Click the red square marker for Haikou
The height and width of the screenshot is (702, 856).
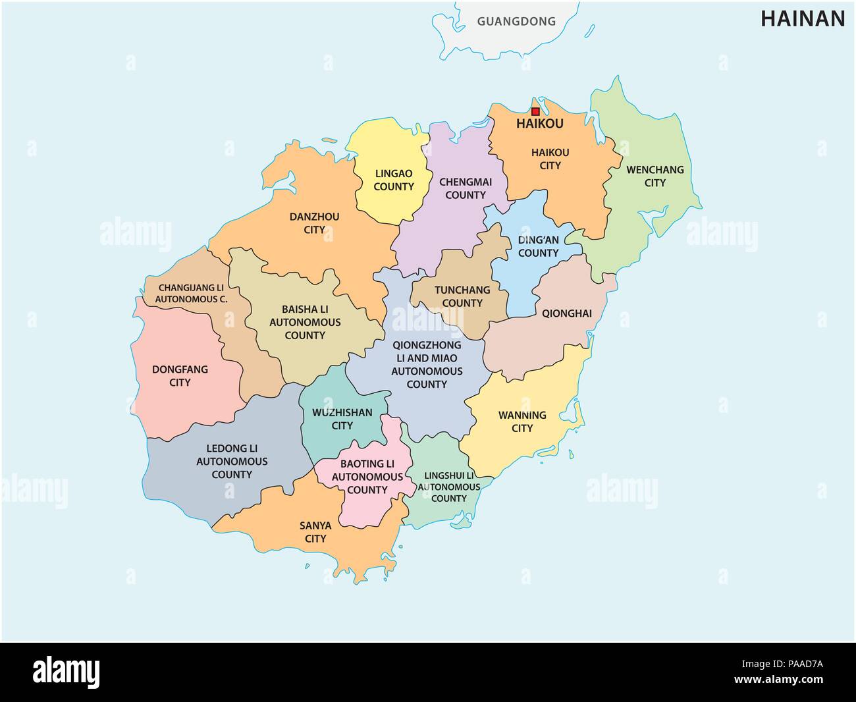[535, 112]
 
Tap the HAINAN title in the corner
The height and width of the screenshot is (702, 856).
[803, 19]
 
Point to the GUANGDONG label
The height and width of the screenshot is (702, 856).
[516, 21]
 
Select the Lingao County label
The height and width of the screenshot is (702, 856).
[394, 180]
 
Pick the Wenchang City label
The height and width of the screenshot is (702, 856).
[655, 176]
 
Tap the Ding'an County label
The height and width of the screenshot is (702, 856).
[538, 246]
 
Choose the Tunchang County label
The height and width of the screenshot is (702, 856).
[462, 296]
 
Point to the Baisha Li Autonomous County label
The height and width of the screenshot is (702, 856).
[305, 321]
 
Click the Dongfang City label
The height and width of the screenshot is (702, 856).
[180, 375]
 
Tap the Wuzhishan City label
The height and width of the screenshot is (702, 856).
[342, 419]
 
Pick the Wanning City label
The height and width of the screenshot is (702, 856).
[522, 421]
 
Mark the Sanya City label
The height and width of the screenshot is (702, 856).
[315, 531]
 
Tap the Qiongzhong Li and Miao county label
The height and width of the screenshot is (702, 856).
[427, 364]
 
